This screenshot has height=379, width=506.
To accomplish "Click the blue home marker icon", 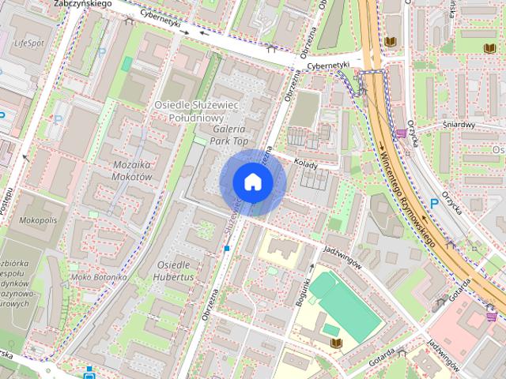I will pyautogui.click(x=252, y=182).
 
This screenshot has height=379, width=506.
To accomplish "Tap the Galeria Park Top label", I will pyautogui.click(x=228, y=134).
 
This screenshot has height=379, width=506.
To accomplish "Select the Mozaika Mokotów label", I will pyautogui.click(x=121, y=171).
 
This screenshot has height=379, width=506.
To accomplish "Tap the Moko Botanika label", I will pyautogui.click(x=97, y=277).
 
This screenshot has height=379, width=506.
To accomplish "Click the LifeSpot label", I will pyautogui.click(x=29, y=43).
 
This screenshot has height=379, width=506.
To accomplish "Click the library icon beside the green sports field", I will pyautogui.click(x=337, y=343).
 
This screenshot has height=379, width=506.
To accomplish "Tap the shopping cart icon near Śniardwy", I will pyautogui.click(x=402, y=133).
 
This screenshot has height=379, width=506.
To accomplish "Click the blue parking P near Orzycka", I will pyautogui.click(x=433, y=203).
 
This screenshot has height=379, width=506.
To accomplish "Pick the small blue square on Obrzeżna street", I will pyautogui.click(x=227, y=249).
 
